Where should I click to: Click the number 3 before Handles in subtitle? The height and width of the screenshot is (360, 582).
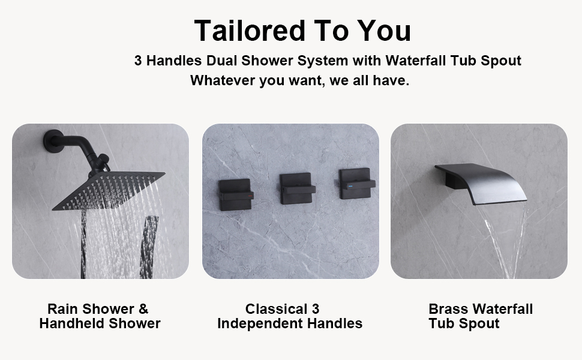click(x=138, y=61)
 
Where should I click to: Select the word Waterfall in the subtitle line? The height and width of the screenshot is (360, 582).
click(x=413, y=61)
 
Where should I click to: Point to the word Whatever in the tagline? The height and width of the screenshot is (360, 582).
click(x=222, y=80)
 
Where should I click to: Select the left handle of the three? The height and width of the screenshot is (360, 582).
click(x=233, y=192)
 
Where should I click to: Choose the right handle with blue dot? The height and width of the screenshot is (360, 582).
click(x=356, y=185)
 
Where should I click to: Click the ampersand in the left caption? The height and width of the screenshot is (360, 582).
click(x=143, y=309)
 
